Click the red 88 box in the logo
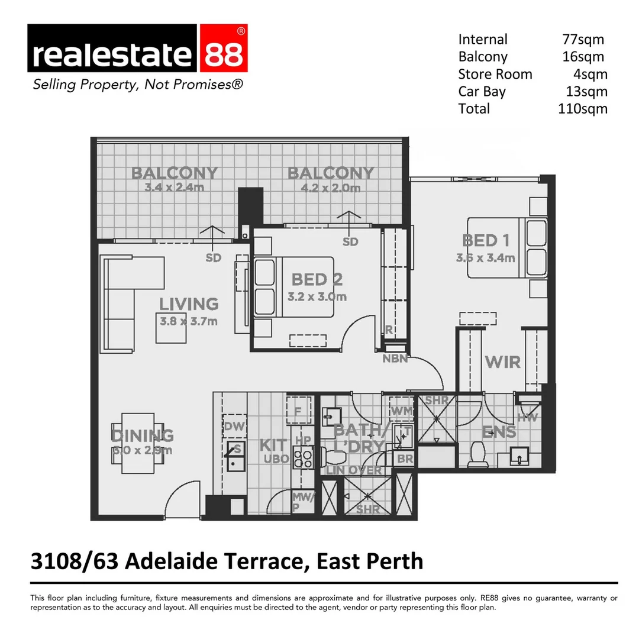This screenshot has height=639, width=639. pyautogui.click(x=224, y=53)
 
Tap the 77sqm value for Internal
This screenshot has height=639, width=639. pyautogui.click(x=583, y=40)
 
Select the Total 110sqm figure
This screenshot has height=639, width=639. pyautogui.click(x=582, y=109)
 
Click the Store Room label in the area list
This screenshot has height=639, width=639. pyautogui.click(x=495, y=75)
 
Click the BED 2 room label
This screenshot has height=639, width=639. pyautogui.click(x=317, y=279)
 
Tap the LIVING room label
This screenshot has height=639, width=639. pyautogui.click(x=188, y=304)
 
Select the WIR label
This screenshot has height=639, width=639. pyautogui.click(x=503, y=362)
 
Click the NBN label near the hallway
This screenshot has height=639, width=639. pyautogui.click(x=395, y=358)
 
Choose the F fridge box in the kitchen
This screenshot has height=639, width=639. pyautogui.click(x=298, y=409)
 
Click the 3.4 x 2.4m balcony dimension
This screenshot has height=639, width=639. pyautogui.click(x=174, y=188)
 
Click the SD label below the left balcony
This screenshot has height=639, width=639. pyautogui.click(x=213, y=258)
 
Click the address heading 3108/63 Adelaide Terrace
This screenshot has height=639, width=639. pyautogui.click(x=227, y=560)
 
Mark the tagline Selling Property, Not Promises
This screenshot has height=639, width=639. pyautogui.click(x=137, y=85)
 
